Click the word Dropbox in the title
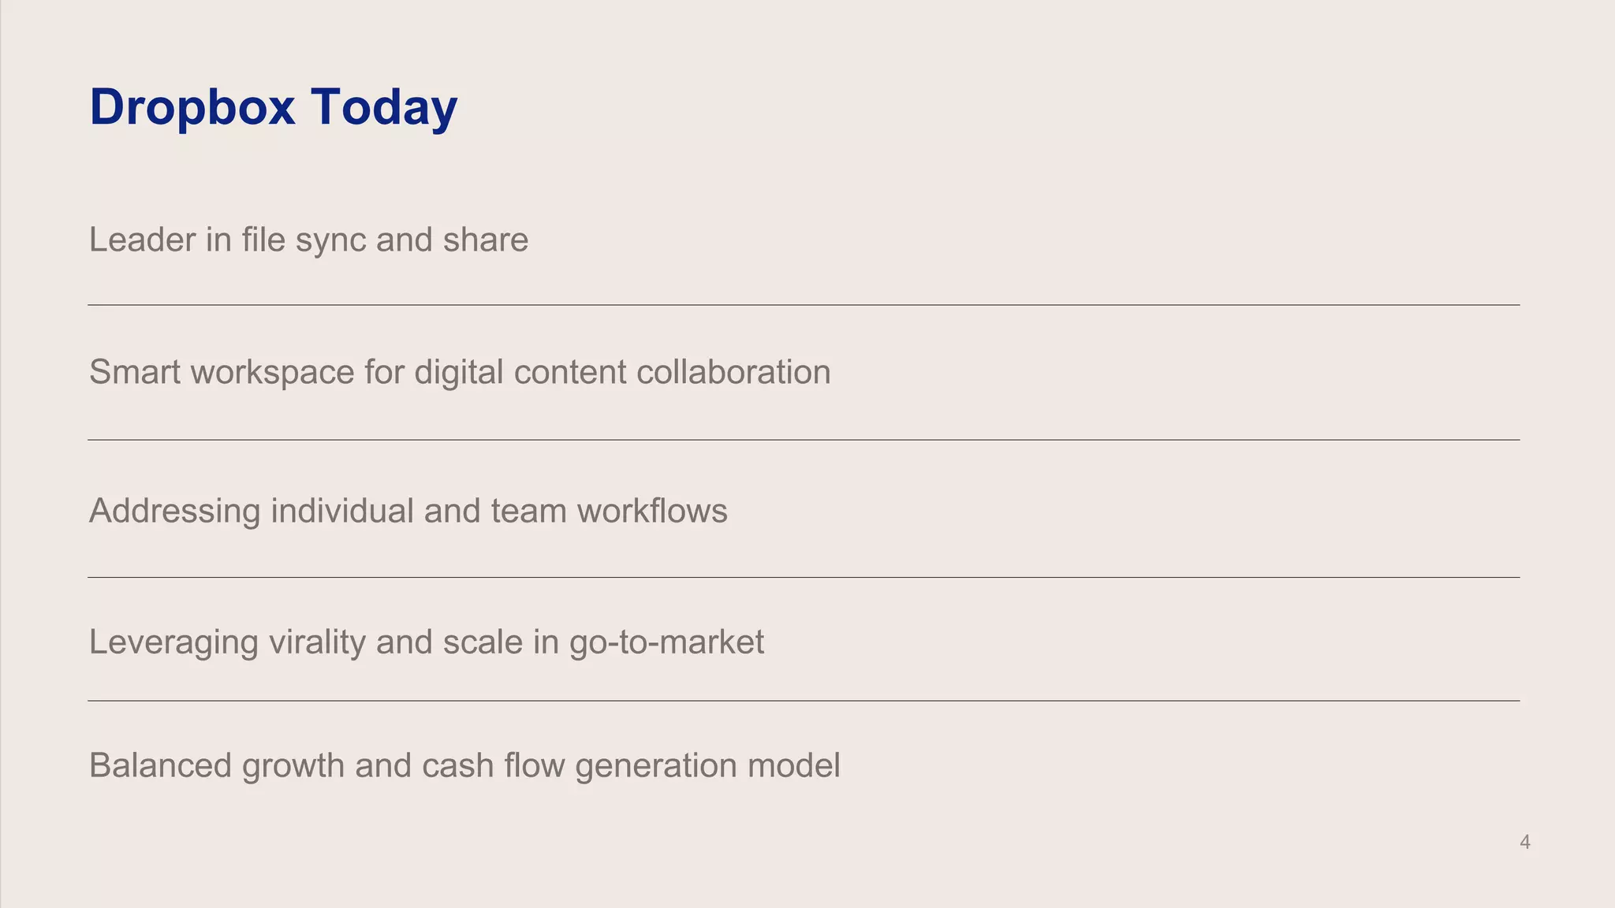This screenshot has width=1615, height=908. (192, 107)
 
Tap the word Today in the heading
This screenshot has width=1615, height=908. (384, 107)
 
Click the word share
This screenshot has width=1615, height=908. (485, 240)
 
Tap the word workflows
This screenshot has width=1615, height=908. (652, 511)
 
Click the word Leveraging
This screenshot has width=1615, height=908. (173, 643)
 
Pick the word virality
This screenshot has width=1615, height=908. (317, 643)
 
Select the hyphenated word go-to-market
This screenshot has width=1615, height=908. (666, 643)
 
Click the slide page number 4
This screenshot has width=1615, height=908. (1525, 843)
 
